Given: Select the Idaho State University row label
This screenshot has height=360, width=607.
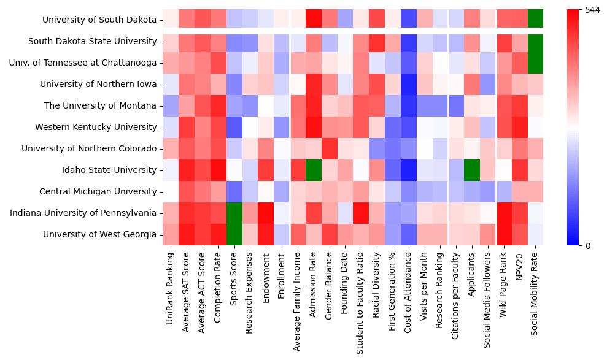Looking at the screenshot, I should click(113, 170).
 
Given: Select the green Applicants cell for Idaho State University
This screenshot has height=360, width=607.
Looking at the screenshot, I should click(472, 170).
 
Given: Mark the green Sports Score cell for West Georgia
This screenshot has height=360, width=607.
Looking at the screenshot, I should click(234, 235).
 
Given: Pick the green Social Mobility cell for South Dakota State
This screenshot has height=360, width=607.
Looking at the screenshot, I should click(536, 42).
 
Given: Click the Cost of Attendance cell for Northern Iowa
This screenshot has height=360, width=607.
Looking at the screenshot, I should click(409, 85).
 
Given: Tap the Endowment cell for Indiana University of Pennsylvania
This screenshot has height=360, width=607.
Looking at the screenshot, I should click(266, 213).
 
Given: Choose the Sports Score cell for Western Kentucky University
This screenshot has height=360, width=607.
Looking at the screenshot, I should click(234, 128).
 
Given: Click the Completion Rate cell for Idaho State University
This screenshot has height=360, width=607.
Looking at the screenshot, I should click(218, 170).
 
